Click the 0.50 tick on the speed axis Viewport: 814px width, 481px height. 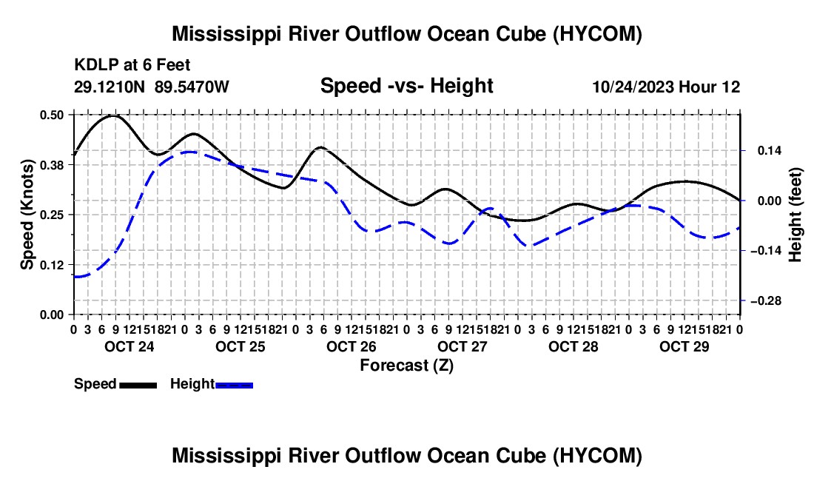point(52,115)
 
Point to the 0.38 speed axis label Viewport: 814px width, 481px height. point(52,165)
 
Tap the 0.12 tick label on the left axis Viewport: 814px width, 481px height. point(52,265)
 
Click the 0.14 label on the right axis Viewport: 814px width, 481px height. point(770,150)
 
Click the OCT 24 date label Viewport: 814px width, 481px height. point(129,346)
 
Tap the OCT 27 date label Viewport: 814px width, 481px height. point(462,346)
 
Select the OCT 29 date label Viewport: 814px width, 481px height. point(684,346)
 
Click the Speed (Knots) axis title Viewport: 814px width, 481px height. point(27,215)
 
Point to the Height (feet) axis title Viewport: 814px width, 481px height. point(795,215)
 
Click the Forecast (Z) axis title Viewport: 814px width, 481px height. point(406,366)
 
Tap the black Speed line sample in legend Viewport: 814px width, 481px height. point(138,385)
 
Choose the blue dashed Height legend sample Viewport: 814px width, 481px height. point(234,385)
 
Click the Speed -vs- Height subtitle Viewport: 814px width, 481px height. point(406,86)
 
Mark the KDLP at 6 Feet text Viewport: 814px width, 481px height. point(132,65)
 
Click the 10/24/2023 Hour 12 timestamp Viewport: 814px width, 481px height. point(666,87)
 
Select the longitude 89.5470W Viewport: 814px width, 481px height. point(192,87)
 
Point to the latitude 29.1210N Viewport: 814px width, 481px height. point(109,87)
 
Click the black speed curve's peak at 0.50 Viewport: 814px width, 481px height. point(114,115)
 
